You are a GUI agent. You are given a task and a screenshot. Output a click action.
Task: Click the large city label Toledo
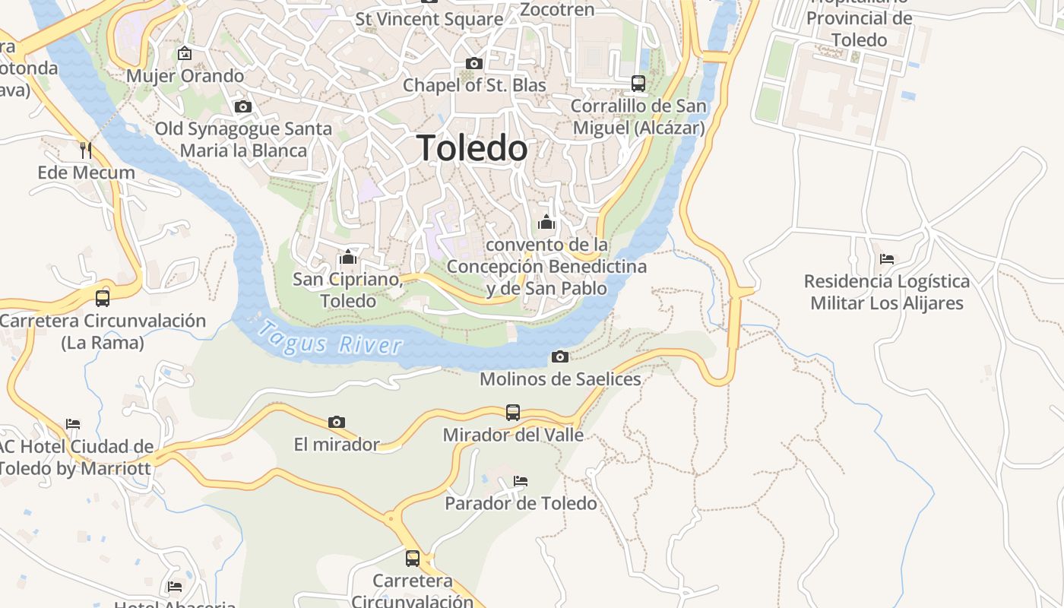coord(472,148)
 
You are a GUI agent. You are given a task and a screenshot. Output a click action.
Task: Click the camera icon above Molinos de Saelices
coord(559,356)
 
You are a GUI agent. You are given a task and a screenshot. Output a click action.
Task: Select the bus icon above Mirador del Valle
coord(513,413)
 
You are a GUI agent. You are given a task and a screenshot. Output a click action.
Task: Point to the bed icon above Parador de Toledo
coord(521,481)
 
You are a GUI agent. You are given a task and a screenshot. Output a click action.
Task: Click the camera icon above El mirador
coord(337,422)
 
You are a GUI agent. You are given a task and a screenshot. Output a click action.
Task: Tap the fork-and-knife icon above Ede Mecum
coord(86,150)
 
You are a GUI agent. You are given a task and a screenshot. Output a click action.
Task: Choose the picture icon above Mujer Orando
coord(184,54)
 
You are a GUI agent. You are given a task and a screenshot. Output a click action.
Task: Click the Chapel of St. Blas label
coord(474,85)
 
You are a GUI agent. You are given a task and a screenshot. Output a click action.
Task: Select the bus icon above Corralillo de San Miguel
coord(638,84)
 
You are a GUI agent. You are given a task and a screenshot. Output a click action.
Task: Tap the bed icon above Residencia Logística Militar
coord(886,259)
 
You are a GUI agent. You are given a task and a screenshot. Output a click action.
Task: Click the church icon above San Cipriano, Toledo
coord(348,257)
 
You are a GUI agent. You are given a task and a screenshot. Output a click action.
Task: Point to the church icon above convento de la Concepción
coord(546,223)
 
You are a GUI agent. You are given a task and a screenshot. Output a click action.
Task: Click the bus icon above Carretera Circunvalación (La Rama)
coord(103,298)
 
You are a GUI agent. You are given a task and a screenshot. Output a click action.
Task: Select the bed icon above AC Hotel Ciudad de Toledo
coord(73,423)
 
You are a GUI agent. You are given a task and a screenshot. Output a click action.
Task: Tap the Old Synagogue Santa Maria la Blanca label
coord(243,139)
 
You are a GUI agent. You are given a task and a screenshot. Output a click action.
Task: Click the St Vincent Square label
coord(429,19)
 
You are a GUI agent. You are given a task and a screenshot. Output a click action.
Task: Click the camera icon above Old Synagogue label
coord(243,107)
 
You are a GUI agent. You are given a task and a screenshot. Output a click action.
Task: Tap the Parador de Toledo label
coord(521,503)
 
